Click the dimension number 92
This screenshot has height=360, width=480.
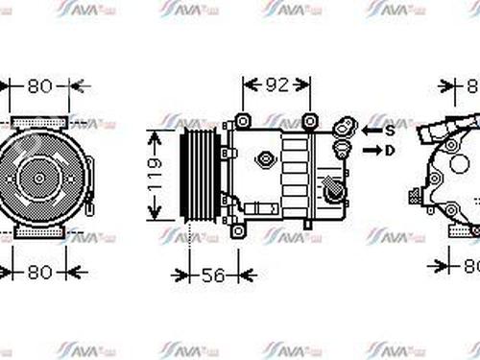click(x=276, y=85)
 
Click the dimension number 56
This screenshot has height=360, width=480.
click(x=214, y=276)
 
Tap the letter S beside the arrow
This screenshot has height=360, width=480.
click(x=390, y=129)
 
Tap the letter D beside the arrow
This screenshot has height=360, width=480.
click(x=390, y=150)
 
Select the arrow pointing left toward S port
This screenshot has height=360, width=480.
click(x=371, y=129)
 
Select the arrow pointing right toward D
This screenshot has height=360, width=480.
click(x=371, y=150)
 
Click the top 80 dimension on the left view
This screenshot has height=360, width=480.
click(x=39, y=86)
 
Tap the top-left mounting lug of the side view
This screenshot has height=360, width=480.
click(x=242, y=121)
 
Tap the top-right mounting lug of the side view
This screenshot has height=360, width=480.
click(x=309, y=121)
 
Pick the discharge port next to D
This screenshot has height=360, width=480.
click(x=342, y=150)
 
